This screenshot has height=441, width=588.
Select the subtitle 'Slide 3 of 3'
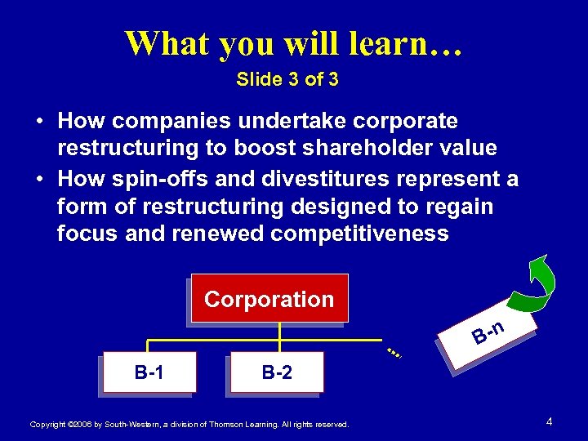287,80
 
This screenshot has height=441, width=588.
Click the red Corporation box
269,299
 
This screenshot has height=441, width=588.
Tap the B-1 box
149,373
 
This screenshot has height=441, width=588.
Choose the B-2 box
276,373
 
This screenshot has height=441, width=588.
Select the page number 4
550,422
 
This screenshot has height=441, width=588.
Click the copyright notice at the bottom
189,425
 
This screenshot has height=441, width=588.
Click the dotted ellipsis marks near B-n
394,353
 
